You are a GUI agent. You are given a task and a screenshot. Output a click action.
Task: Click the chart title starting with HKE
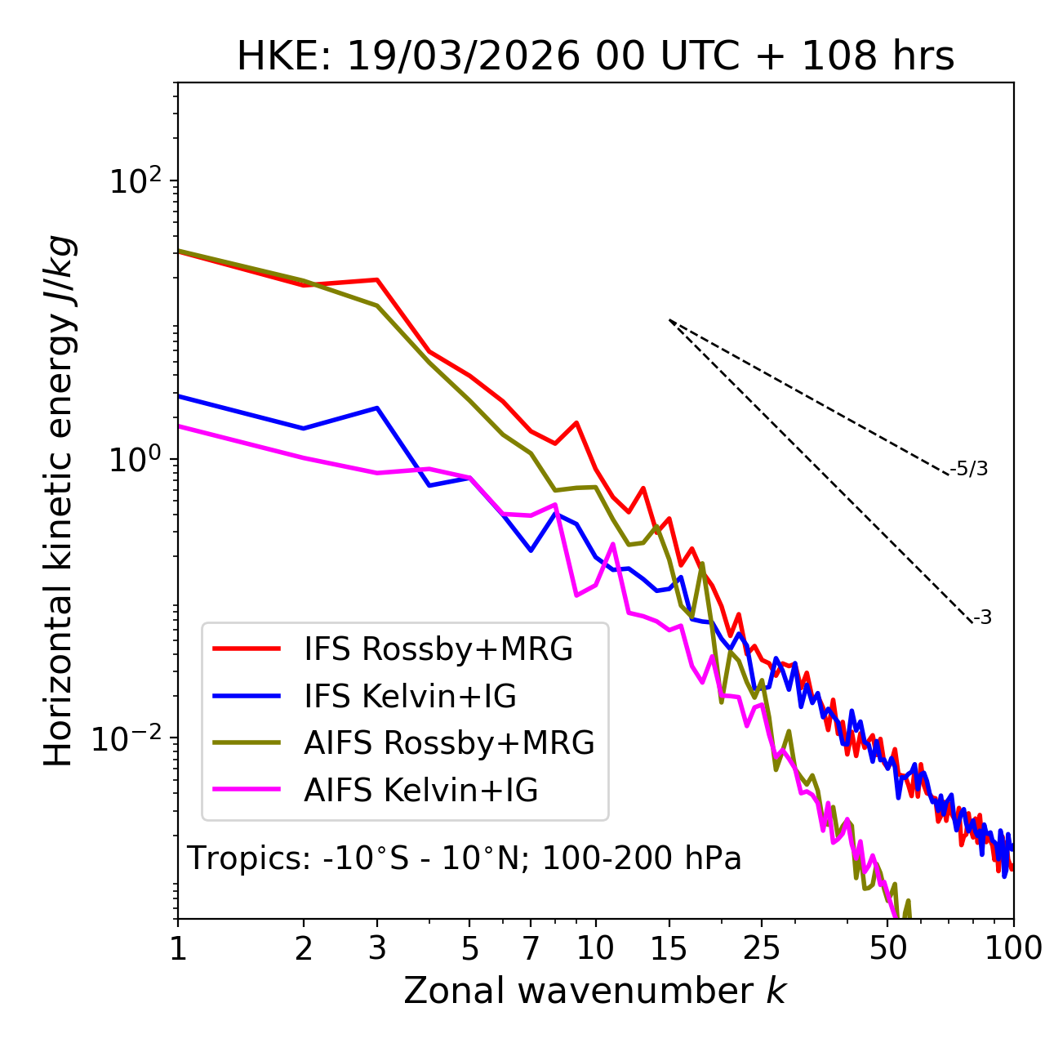point(595,57)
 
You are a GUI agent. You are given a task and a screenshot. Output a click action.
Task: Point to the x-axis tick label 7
point(531,948)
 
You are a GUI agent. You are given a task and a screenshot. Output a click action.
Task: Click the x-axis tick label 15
point(669,948)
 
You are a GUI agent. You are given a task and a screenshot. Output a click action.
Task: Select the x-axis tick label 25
point(762,948)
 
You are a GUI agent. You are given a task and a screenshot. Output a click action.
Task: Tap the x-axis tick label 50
point(888,948)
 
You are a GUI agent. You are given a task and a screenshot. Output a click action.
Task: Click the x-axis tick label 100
point(1013,948)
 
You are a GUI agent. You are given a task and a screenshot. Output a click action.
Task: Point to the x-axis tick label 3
point(377,948)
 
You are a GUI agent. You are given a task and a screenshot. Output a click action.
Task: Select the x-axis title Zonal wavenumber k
point(594,992)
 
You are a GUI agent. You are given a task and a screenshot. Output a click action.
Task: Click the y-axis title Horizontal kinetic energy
point(59,501)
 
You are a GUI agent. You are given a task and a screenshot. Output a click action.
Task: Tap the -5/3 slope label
point(969,470)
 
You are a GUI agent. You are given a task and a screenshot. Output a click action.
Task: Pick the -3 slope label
point(982,618)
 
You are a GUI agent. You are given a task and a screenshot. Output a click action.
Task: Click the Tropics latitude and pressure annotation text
point(464,859)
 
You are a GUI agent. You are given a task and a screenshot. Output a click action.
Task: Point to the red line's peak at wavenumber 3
point(376,279)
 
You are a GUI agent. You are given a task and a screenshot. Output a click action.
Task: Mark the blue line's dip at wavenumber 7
point(531,551)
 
